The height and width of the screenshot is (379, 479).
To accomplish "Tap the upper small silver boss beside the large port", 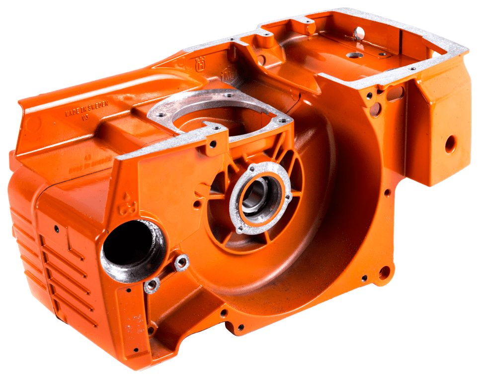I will [181, 261].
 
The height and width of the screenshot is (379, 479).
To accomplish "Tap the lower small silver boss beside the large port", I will [151, 285].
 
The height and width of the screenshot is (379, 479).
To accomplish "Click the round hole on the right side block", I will [450, 144].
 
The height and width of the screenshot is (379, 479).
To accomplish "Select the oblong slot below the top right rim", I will [396, 93].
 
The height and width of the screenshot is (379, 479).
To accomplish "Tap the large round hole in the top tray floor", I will [354, 55].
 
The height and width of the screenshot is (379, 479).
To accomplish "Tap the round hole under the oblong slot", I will [376, 108].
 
